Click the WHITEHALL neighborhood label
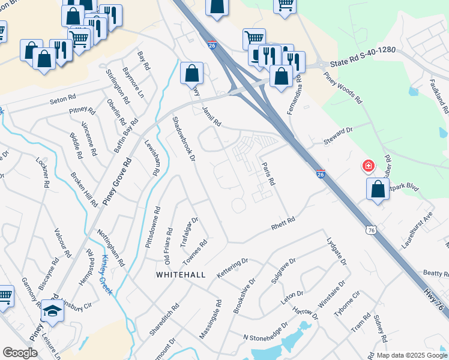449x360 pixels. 181,274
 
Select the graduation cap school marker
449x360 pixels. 52,311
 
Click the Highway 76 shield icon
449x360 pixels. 372,231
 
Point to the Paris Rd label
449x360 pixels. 268,173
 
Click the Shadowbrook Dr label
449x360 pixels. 184,139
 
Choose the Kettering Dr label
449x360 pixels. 232,265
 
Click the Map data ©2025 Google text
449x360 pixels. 411,355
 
